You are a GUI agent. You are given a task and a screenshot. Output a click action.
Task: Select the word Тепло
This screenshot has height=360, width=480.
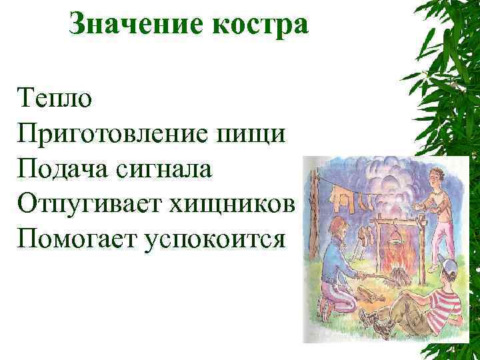pyautogui.click(x=56, y=99)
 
